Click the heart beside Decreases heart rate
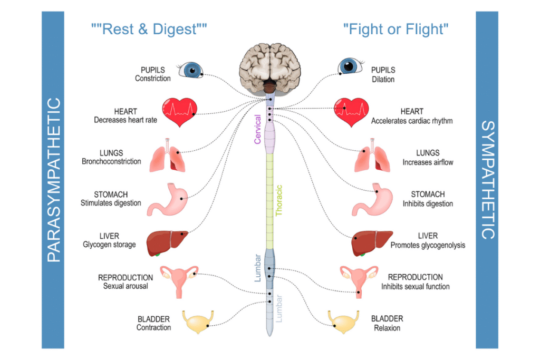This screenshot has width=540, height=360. pyautogui.click(x=179, y=112)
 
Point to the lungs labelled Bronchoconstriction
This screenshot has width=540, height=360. pyautogui.click(x=168, y=156)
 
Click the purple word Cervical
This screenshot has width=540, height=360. pyautogui.click(x=258, y=129)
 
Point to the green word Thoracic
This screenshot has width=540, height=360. pyautogui.click(x=279, y=200)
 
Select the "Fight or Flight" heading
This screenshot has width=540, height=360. pyautogui.click(x=396, y=29)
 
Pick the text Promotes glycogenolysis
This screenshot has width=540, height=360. pyautogui.click(x=428, y=245)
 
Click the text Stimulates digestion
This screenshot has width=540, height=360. pyautogui.click(x=111, y=203)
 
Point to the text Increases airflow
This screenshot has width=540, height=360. pyautogui.click(x=428, y=162)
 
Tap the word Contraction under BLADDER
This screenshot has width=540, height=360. pyautogui.click(x=153, y=327)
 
